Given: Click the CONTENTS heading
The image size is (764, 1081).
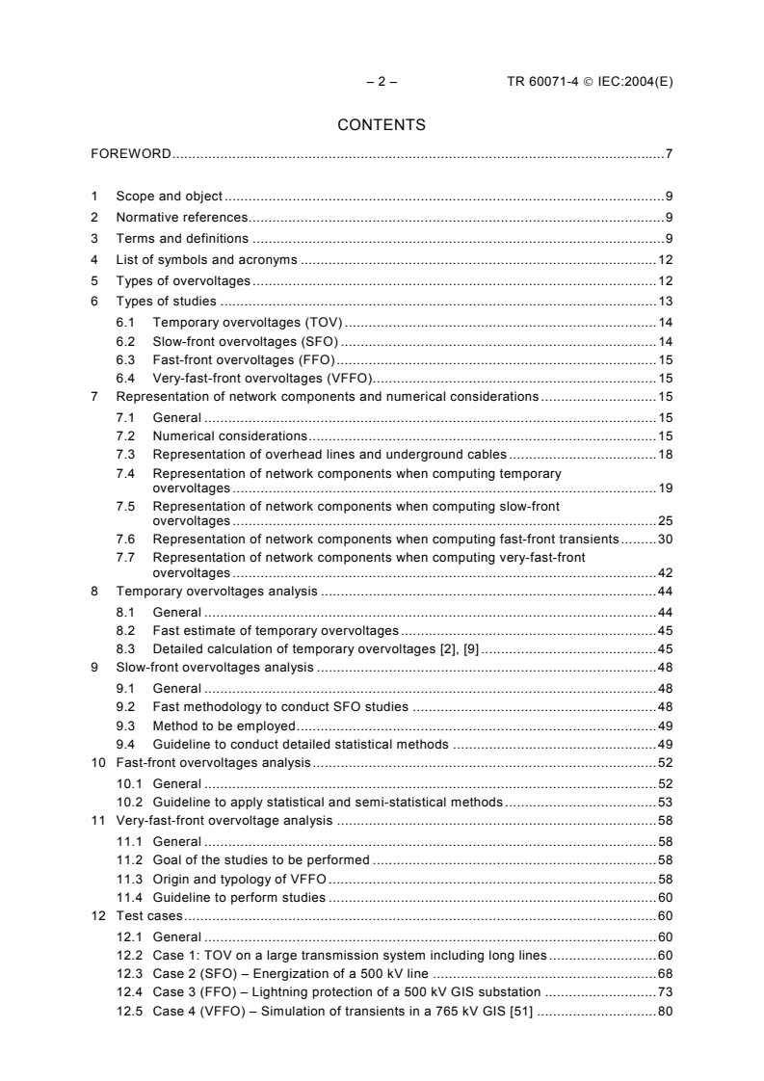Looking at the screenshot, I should [x=381, y=124].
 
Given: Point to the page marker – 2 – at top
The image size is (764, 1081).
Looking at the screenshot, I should [x=382, y=82].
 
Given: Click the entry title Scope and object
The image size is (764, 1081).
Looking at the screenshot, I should [x=169, y=195].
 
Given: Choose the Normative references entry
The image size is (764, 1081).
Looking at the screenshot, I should [x=181, y=217].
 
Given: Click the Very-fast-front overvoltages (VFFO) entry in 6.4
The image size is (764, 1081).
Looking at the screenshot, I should [x=262, y=378].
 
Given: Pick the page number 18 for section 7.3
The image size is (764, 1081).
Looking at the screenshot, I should [x=665, y=454].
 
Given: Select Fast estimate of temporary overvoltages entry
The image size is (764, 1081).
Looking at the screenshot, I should [x=275, y=630].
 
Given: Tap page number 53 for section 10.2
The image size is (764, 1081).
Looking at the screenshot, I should [x=665, y=802].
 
